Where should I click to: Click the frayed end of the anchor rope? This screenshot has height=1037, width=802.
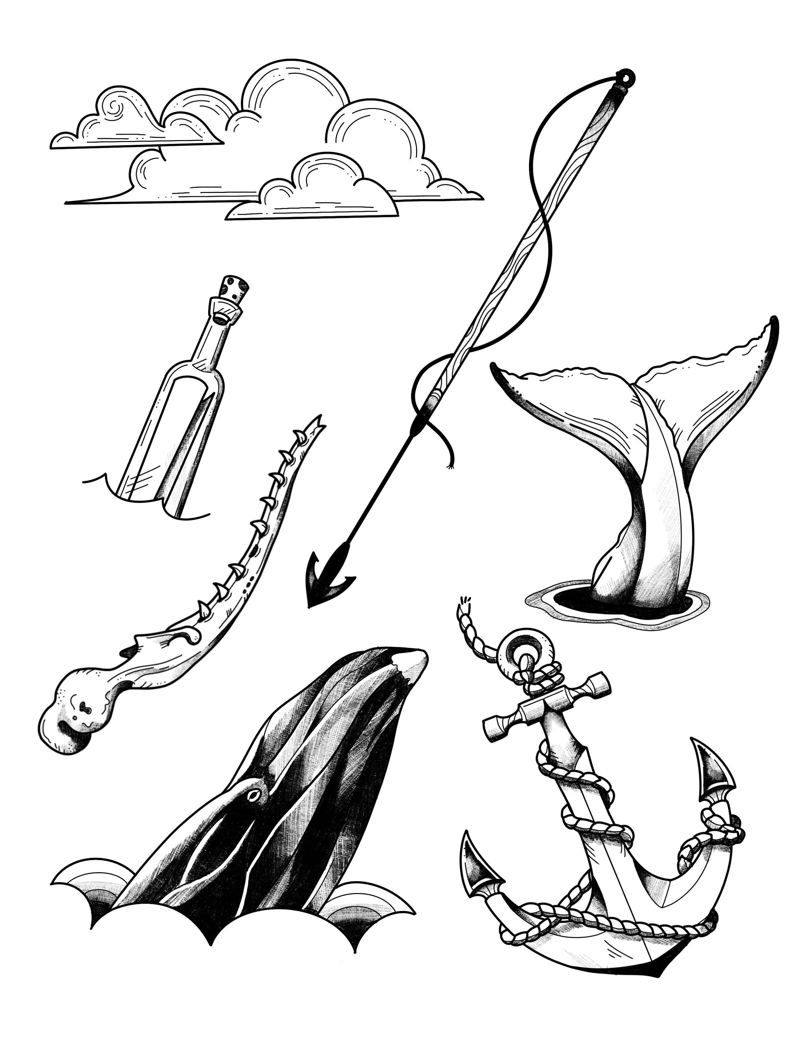463,602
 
